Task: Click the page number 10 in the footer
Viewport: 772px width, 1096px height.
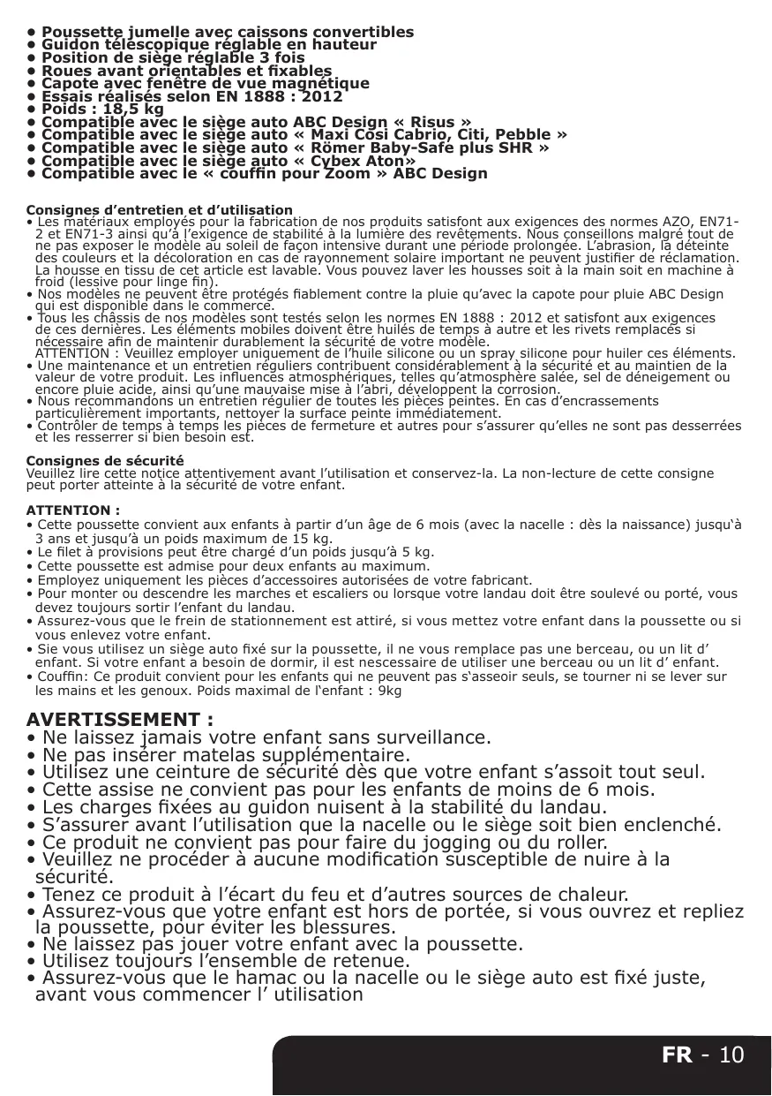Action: [731, 1054]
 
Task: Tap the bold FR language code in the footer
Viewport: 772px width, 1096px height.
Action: [678, 1054]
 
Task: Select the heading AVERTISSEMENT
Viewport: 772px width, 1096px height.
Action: [119, 719]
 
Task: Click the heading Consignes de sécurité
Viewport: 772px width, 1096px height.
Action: [105, 461]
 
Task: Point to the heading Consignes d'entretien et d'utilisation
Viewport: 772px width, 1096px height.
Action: [160, 210]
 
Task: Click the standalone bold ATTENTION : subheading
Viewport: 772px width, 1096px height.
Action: [73, 510]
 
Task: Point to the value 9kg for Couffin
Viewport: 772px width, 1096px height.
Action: [388, 691]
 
